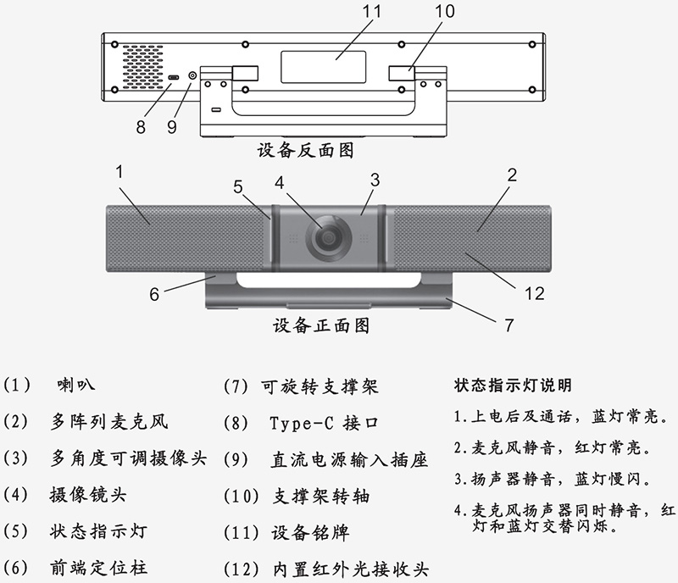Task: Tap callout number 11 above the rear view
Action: pos(348,13)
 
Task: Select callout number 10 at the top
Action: pos(444,12)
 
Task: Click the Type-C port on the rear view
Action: pos(173,78)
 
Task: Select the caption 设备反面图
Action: pos(305,151)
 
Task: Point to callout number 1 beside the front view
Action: pos(120,171)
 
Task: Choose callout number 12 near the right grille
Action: pos(534,294)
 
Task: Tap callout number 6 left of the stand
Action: pos(154,294)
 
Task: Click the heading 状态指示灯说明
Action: pos(513,385)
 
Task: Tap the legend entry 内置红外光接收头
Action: pos(353,569)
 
